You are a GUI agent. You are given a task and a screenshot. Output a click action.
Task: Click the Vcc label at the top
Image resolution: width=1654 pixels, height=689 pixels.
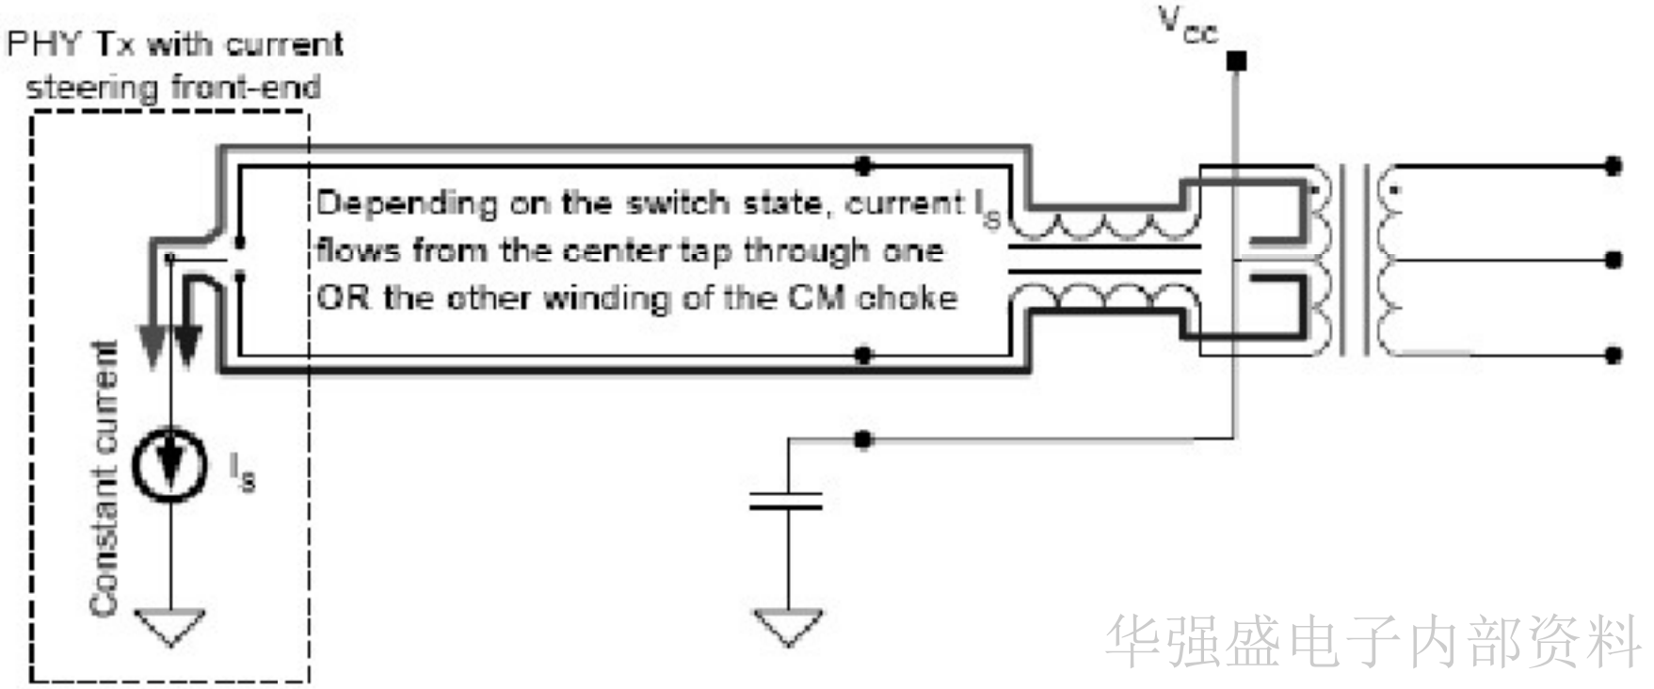(x=1189, y=25)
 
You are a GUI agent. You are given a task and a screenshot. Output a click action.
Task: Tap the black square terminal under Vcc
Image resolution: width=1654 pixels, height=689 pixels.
(x=1236, y=62)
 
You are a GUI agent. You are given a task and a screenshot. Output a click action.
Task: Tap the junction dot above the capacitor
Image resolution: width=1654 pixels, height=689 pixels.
(x=863, y=440)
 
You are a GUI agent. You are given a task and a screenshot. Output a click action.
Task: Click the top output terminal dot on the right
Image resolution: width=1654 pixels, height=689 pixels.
(x=1613, y=167)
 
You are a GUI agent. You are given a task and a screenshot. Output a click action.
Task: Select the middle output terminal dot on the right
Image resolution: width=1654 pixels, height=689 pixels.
(x=1613, y=260)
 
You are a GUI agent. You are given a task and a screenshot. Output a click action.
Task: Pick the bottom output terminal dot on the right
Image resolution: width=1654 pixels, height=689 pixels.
(x=1613, y=355)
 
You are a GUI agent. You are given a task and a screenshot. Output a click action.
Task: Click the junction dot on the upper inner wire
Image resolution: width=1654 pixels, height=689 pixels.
(x=863, y=167)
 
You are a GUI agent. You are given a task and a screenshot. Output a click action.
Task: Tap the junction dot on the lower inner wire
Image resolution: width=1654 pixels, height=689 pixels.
(x=863, y=355)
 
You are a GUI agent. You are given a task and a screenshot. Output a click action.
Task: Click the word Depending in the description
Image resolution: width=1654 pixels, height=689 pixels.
(x=407, y=204)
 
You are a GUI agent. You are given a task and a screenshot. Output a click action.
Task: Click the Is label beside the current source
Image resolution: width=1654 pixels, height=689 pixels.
(x=242, y=472)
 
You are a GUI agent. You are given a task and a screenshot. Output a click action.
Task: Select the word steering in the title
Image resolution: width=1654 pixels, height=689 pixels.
(x=91, y=88)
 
